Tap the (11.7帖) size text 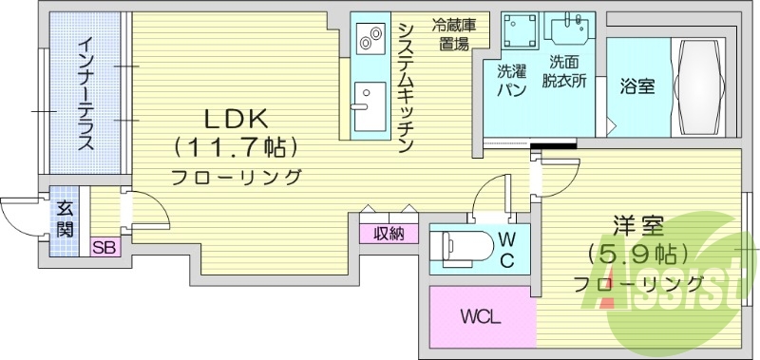tap(237, 148)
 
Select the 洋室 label tap(636, 228)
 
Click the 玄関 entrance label tap(65, 218)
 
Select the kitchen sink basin tap(365, 99)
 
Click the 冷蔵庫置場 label tap(453, 34)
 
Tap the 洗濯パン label tap(512, 80)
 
